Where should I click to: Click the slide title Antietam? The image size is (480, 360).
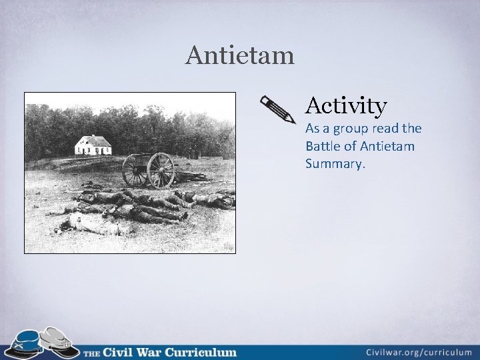tap(240, 55)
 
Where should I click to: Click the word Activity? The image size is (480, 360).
tap(346, 105)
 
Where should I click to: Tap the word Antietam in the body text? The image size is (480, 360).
tap(390, 146)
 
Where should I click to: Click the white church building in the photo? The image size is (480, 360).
tap(93, 147)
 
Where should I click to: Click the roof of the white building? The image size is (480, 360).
tap(93, 139)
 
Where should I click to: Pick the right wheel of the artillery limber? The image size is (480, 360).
tap(161, 171)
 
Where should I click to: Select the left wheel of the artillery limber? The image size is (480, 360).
tap(136, 171)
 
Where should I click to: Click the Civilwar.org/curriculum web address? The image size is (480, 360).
tap(419, 351)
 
